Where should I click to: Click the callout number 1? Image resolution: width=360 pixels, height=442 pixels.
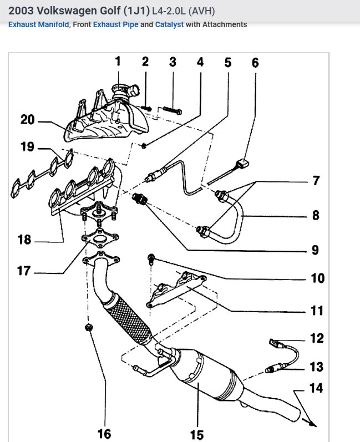pyautogui.click(x=118, y=62)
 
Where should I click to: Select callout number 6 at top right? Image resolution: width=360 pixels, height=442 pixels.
pyautogui.click(x=255, y=63)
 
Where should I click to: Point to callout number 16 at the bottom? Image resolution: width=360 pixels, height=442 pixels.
pyautogui.click(x=104, y=433)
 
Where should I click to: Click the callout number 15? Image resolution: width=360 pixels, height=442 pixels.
pyautogui.click(x=197, y=434)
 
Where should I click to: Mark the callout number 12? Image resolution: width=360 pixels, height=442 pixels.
pyautogui.click(x=317, y=338)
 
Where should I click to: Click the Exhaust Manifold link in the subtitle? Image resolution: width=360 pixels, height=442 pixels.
pyautogui.click(x=39, y=24)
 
